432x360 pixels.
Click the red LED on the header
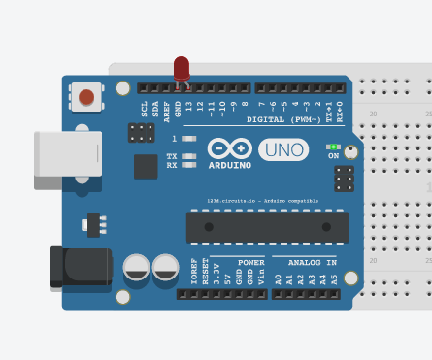182,68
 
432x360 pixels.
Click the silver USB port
68,154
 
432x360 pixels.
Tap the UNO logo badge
283,149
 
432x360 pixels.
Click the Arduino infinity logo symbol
229,148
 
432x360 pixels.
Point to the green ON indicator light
333,147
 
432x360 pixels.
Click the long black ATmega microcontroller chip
267,227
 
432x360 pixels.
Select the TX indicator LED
189,155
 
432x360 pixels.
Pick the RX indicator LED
189,165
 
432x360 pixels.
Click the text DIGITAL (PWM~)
285,120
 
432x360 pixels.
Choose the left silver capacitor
137,267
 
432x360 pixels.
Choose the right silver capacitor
166,267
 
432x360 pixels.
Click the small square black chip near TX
146,167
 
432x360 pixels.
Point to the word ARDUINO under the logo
229,165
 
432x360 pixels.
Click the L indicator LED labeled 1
189,139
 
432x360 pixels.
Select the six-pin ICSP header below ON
344,179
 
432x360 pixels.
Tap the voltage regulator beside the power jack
94,225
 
